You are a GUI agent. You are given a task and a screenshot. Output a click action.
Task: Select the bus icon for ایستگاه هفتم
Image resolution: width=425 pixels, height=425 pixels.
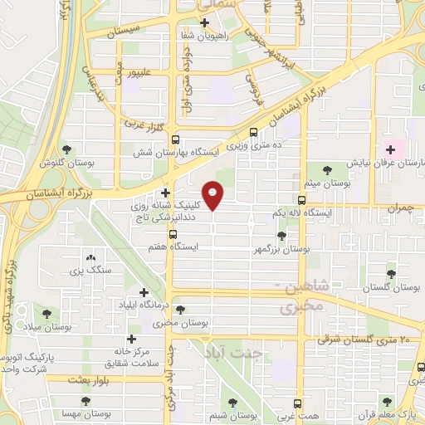tap(173, 234)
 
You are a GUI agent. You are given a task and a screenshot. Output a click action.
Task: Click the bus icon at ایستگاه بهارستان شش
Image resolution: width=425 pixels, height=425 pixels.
tap(174, 139)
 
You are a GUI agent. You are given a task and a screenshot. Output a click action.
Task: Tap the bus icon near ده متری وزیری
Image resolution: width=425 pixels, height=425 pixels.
tap(253, 131)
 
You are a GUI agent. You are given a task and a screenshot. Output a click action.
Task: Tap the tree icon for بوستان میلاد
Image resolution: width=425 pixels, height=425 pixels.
tap(46, 314)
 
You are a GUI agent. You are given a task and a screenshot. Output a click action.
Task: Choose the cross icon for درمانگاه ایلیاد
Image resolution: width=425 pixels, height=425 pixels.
tap(144, 292)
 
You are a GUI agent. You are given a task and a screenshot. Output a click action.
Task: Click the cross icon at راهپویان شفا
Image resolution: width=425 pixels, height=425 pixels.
tap(204, 22)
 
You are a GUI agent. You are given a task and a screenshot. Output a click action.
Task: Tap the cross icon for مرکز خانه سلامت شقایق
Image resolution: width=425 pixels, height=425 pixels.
tap(130, 339)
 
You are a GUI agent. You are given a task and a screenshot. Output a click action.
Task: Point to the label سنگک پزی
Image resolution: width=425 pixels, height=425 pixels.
tap(91, 271)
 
